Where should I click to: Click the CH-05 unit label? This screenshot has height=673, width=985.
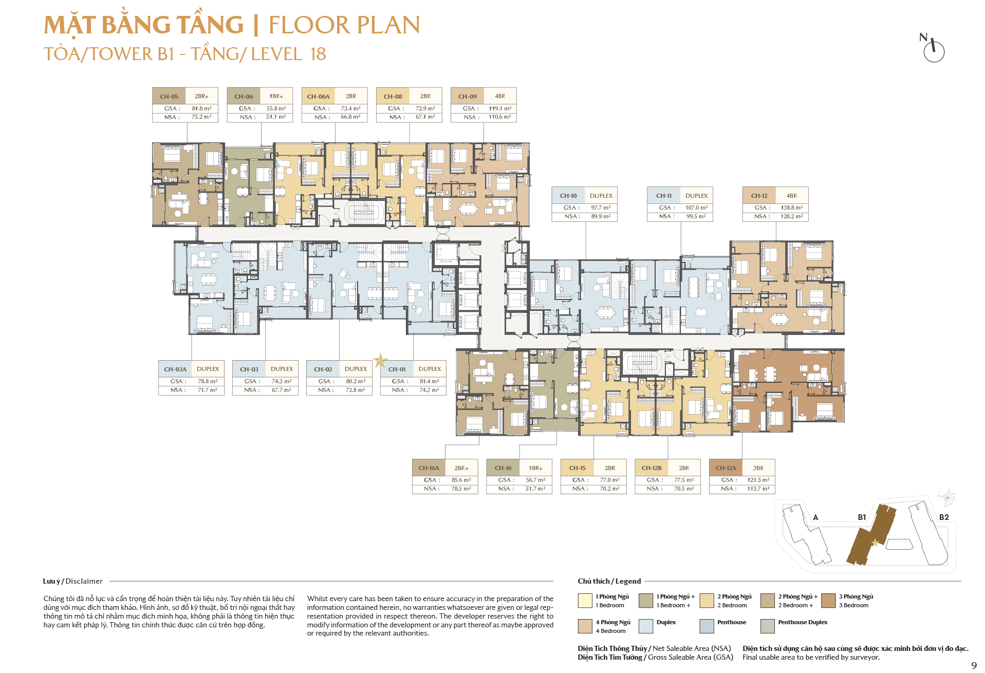coord(169,96)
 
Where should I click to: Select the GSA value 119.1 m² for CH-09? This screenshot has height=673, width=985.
coord(500,108)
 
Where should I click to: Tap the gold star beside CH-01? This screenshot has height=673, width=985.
coord(380,361)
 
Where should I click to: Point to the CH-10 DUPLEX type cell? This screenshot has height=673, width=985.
coord(601,196)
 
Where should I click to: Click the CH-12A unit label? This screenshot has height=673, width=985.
coord(726,468)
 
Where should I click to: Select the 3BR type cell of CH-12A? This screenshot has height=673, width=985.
coord(758,468)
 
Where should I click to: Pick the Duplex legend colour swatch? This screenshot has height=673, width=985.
coord(645,626)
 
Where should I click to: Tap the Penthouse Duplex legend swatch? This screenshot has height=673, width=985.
coord(767,626)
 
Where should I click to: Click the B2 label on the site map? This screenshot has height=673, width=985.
coord(944,517)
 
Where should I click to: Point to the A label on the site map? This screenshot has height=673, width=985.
coord(815,517)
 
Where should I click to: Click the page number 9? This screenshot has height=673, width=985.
coord(974,665)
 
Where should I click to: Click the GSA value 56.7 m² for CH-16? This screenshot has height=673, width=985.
coord(535,480)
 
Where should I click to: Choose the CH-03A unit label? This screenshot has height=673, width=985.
coord(175,369)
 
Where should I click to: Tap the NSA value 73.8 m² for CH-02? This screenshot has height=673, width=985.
coord(355,390)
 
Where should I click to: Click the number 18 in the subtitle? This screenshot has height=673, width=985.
coord(318,54)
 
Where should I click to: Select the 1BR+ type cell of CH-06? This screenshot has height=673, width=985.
coord(276,96)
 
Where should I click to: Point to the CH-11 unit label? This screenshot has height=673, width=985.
coord(664,196)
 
